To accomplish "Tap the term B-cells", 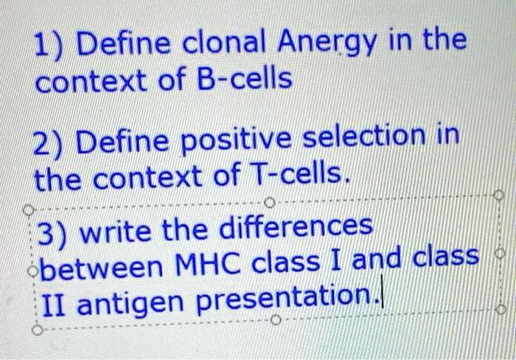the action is click(244, 79).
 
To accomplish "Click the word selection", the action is click(363, 136).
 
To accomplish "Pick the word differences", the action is click(296, 226).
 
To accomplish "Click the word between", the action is click(101, 265).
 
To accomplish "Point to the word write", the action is click(115, 231).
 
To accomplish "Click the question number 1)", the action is click(48, 46).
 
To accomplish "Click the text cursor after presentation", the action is click(382, 297).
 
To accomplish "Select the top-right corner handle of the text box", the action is click(499, 195).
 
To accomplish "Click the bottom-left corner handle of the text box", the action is click(38, 330).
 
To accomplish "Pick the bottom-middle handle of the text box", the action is click(276, 320).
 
